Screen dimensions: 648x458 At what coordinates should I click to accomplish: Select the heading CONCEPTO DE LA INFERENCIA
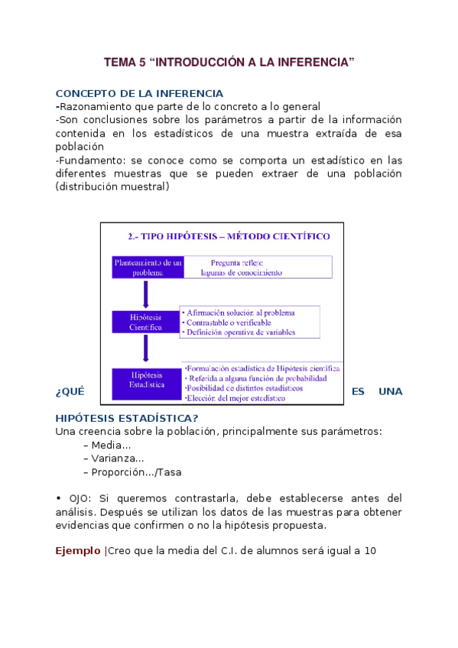[139, 93]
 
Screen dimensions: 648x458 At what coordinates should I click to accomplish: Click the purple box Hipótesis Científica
[145, 322]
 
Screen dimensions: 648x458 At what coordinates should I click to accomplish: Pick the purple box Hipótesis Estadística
[146, 381]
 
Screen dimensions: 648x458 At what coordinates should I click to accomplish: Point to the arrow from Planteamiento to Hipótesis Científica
[145, 294]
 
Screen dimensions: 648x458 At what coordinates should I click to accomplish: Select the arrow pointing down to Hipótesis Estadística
[145, 350]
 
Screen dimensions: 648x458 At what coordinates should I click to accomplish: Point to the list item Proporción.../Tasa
[132, 472]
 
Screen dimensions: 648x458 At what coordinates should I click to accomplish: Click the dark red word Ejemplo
[78, 550]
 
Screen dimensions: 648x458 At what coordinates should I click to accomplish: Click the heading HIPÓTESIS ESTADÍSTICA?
[127, 417]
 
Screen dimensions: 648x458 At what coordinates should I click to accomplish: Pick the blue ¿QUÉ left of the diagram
[69, 391]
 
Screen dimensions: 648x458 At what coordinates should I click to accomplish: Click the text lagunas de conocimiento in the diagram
[240, 272]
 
